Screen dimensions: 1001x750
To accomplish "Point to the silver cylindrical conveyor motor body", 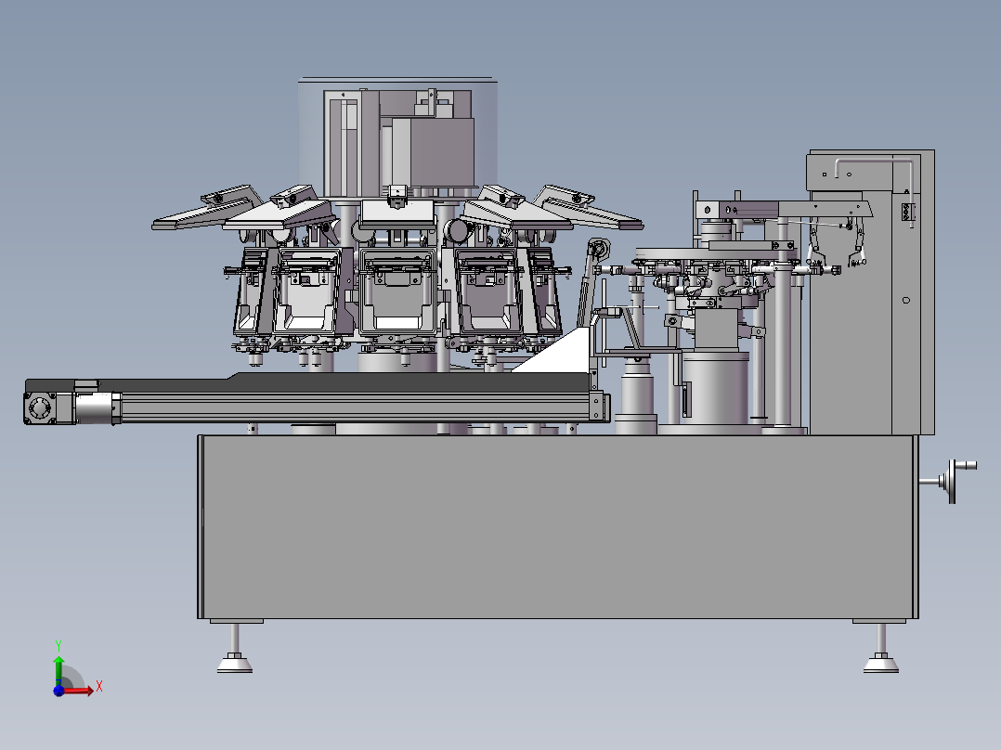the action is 96,407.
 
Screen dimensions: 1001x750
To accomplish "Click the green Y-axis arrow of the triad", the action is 58,670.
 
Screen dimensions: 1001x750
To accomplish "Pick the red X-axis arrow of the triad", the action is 78,690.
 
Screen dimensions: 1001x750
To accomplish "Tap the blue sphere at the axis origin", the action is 58,690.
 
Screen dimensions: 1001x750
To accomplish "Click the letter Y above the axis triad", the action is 58,645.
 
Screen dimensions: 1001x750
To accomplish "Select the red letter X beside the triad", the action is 99,687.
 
